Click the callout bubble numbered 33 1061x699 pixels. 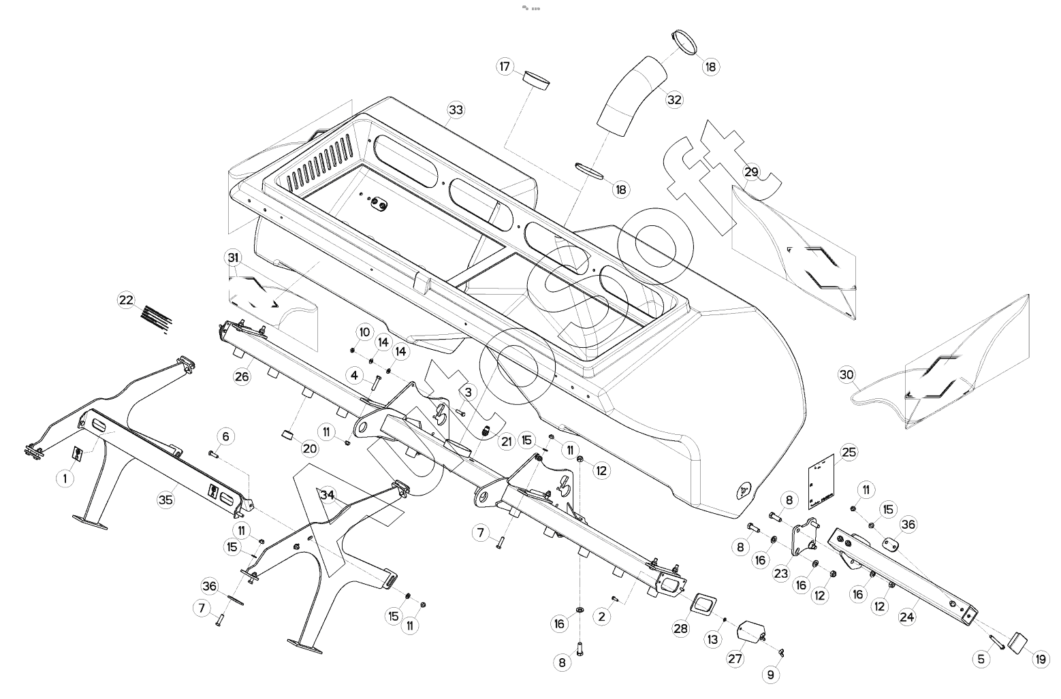tap(456, 110)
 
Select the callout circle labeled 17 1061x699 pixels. tap(505, 67)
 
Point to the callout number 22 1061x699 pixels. tap(127, 300)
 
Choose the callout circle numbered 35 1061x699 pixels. tap(165, 500)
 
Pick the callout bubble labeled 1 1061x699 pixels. tap(65, 478)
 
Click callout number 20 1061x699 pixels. tap(310, 449)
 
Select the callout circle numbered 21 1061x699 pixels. tap(506, 441)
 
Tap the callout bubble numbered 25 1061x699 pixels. tap(849, 451)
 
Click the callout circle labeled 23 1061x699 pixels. tap(781, 573)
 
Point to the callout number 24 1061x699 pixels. tap(906, 617)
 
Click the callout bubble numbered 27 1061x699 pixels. tap(735, 658)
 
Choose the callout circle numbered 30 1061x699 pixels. tap(846, 374)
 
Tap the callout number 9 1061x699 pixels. tap(771, 674)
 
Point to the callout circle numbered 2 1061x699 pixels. tap(601, 617)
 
